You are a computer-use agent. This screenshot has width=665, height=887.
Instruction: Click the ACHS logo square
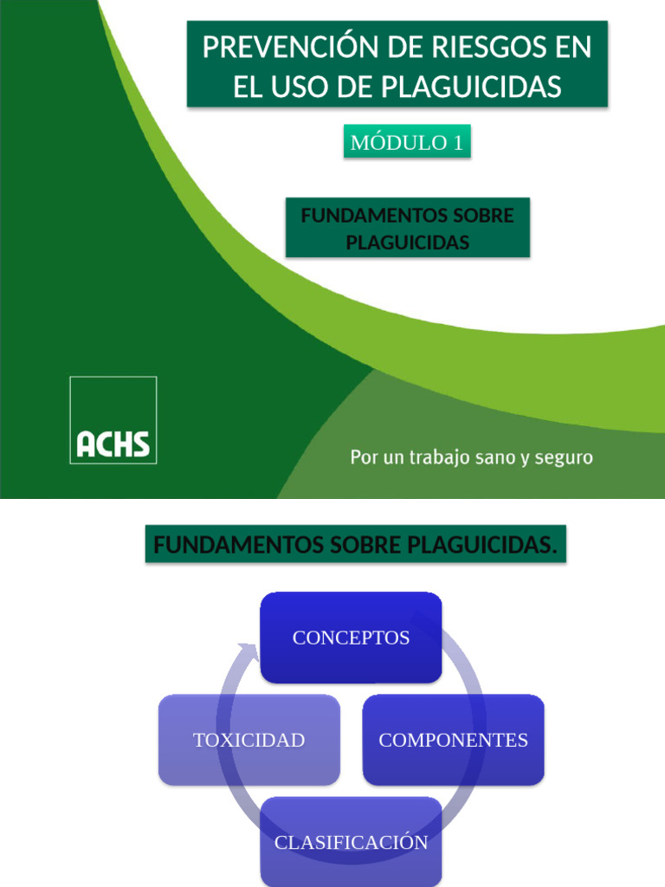tap(113, 420)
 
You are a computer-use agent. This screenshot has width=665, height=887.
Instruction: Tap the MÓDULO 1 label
tap(407, 143)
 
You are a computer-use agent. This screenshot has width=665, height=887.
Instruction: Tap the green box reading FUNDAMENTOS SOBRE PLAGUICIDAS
tap(407, 228)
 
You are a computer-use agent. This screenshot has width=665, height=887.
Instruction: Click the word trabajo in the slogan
tap(439, 456)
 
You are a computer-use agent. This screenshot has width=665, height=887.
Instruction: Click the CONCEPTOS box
tap(352, 638)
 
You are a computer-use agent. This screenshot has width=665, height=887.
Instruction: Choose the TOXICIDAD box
tap(249, 740)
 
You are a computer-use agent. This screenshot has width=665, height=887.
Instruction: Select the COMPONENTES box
tap(453, 740)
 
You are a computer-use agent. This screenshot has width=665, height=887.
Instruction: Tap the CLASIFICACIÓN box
tap(352, 842)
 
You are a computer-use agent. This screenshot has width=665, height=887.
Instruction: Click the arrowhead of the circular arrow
tap(250, 649)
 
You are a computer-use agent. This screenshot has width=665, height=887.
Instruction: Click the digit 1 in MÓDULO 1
tap(458, 143)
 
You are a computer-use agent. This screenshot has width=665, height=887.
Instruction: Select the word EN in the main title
tap(574, 48)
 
